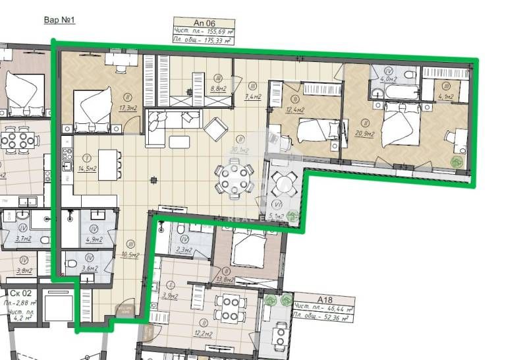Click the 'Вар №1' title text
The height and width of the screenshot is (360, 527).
pos(59,20)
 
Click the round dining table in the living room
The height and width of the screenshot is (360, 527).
pos(235,179)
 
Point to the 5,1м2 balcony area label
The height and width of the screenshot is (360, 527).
pos(275,216)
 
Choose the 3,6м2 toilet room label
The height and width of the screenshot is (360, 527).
pos(88,268)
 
